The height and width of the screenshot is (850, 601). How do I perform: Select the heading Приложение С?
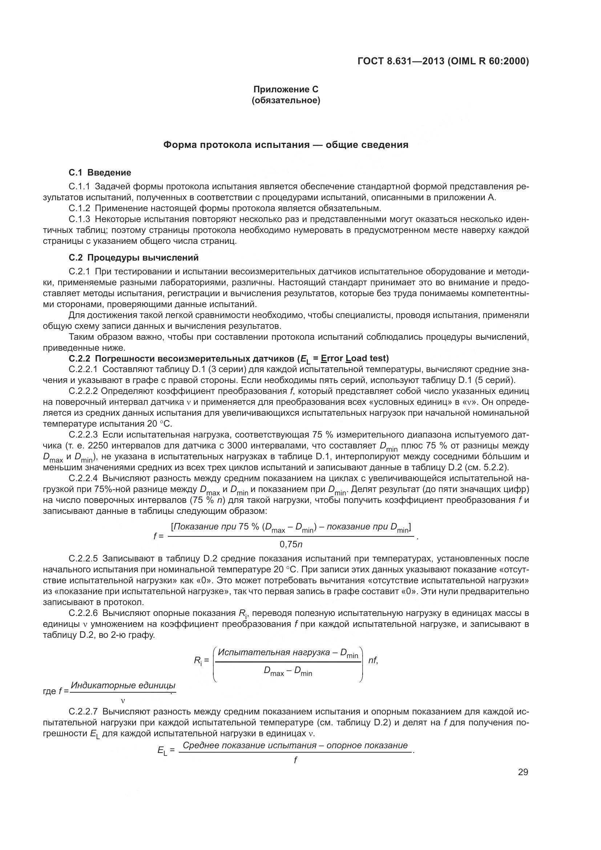286,89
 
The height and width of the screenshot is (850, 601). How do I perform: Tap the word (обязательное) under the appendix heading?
286,100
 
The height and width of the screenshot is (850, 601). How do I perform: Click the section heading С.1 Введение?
100,173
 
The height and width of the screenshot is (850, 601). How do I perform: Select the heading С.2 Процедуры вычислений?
134,257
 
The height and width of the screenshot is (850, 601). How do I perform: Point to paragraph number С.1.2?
79,208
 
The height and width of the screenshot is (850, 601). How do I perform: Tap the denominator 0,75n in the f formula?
291,544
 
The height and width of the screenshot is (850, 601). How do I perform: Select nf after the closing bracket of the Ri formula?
372,660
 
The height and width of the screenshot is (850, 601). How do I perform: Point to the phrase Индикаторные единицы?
123,685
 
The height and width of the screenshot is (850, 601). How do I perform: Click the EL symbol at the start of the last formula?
162,751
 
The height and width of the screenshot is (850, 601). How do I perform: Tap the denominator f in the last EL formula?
295,760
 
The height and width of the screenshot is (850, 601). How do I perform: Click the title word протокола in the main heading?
226,145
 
